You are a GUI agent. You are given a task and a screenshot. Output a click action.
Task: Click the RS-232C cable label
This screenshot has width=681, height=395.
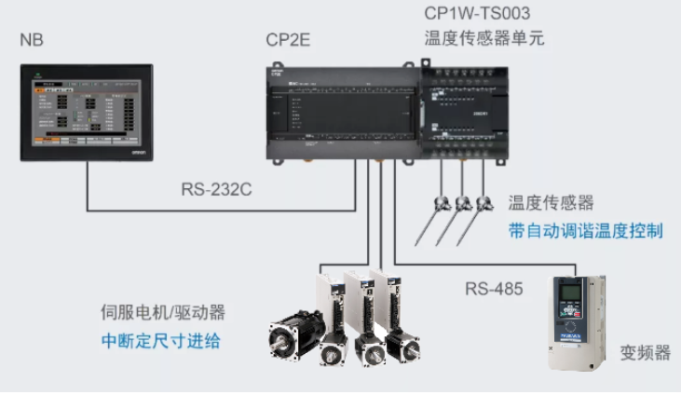click(216, 189)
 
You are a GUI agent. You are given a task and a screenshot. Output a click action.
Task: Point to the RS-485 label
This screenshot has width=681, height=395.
click(495, 287)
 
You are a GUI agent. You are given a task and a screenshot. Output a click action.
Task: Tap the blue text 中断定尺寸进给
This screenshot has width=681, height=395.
click(161, 341)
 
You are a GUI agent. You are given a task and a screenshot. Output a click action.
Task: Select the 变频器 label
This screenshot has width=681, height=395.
click(645, 353)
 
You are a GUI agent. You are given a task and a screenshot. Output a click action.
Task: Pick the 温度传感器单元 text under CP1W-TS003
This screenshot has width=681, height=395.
click(484, 39)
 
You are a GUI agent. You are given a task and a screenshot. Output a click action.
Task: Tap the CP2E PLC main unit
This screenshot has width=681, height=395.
click(341, 112)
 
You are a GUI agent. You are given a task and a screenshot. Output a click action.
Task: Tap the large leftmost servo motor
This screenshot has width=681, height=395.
click(294, 335)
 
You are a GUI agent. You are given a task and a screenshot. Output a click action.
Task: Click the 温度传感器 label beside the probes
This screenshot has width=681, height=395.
click(551, 203)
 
